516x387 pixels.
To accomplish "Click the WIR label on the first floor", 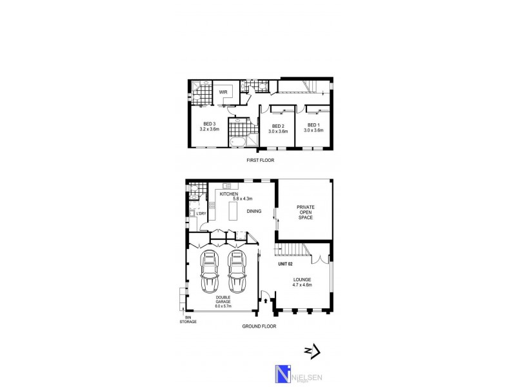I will (223, 93).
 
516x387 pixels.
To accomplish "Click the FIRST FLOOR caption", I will (260, 160).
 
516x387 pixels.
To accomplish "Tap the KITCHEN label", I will (229, 193).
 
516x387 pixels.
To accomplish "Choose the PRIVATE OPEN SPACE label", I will (305, 213).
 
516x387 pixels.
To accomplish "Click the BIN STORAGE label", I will (188, 319).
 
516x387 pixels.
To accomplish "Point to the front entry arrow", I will (266, 301).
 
